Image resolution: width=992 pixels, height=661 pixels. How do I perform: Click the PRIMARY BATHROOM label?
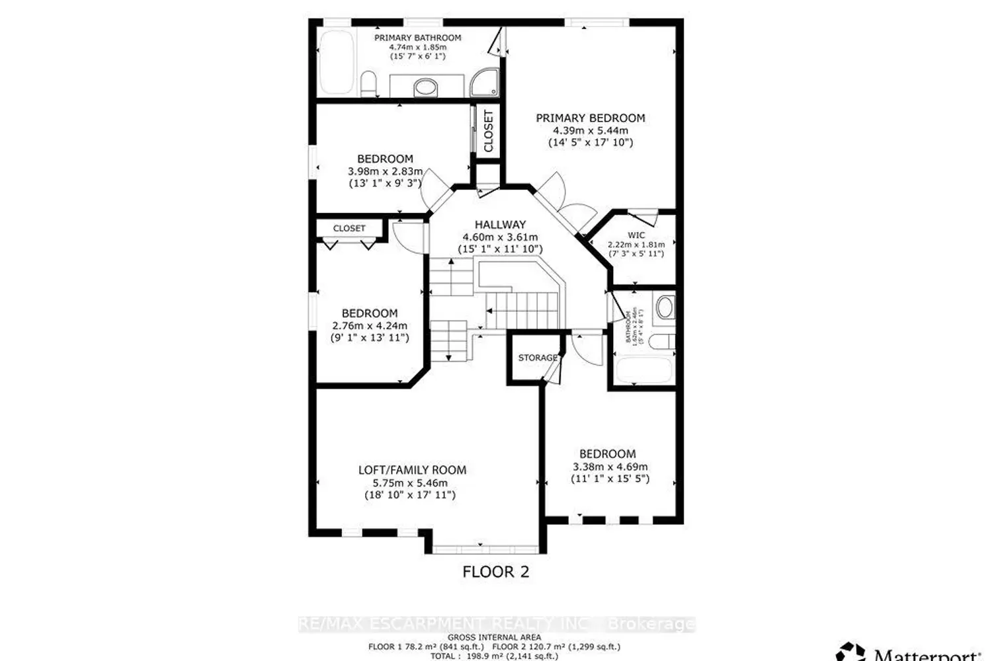pos(417,38)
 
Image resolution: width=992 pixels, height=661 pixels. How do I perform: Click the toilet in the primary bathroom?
pos(369,84)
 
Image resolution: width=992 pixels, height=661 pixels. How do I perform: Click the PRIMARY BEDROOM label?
pos(590,118)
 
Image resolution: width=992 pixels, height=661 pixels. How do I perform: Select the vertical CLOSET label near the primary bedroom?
pos(488,131)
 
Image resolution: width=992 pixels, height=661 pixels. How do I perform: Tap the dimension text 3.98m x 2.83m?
pos(385,171)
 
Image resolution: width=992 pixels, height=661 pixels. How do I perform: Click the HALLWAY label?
pos(500,225)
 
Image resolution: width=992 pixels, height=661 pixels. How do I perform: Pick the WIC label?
pos(636,235)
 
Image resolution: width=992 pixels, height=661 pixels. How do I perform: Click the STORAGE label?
pos(537,358)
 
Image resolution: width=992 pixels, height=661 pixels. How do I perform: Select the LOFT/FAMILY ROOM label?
pos(412,470)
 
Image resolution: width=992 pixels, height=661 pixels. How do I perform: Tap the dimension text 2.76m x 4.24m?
pos(369,325)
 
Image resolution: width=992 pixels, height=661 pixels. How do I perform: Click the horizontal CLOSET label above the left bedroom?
pos(349,228)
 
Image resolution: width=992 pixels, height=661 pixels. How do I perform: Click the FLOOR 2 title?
pos(495,572)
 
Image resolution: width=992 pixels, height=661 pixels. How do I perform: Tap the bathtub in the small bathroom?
pos(643,370)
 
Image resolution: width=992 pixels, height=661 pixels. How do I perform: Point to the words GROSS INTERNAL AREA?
pos(495,637)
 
